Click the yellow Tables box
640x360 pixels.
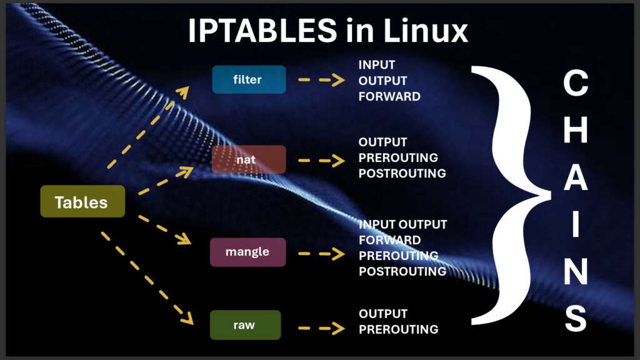click(82, 201)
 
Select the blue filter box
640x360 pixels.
click(249, 79)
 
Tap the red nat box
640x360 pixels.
click(249, 159)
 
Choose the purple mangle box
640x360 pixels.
click(248, 252)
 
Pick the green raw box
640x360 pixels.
click(245, 325)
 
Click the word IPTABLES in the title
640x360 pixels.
click(261, 31)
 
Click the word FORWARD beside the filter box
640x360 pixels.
click(389, 96)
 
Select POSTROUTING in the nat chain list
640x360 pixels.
click(402, 173)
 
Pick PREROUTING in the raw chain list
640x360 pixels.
click(398, 329)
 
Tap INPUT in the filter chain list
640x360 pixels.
click(377, 65)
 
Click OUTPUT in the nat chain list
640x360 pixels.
click(382, 142)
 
